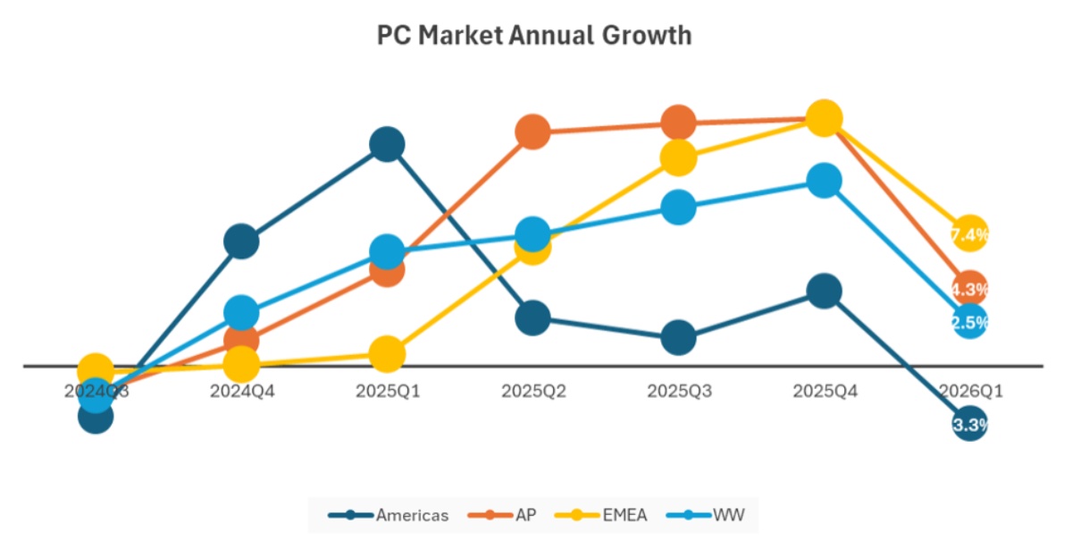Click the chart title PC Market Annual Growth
pyautogui.click(x=534, y=35)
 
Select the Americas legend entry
pyautogui.click(x=389, y=515)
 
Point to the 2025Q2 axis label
pyautogui.click(x=532, y=391)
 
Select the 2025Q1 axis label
pyautogui.click(x=387, y=391)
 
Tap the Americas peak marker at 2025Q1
pyautogui.click(x=387, y=143)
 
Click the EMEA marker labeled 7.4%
pyautogui.click(x=969, y=234)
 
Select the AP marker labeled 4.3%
pyautogui.click(x=969, y=289)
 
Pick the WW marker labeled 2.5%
pyautogui.click(x=969, y=322)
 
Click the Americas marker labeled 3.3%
pyautogui.click(x=969, y=424)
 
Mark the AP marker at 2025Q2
pyautogui.click(x=532, y=131)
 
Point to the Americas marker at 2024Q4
pyautogui.click(x=241, y=241)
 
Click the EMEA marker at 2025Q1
pyautogui.click(x=387, y=354)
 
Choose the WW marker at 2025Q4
pyautogui.click(x=824, y=181)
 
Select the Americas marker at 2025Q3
pyautogui.click(x=678, y=338)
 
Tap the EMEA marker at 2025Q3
pyautogui.click(x=678, y=157)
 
